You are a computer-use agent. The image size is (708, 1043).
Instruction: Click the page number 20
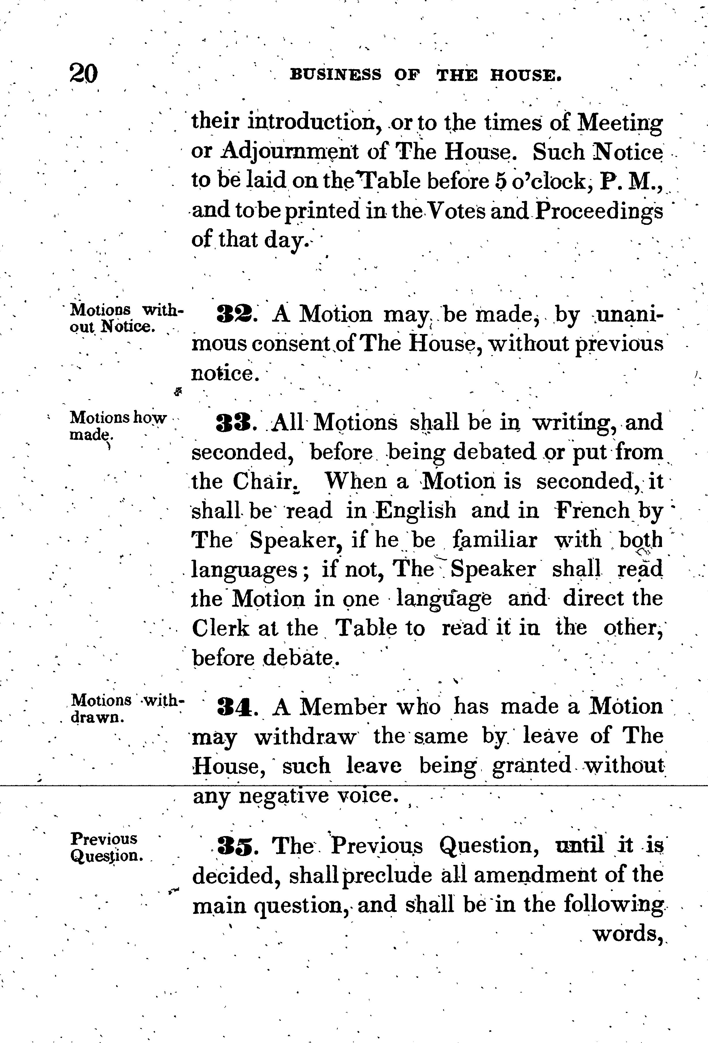[x=84, y=73]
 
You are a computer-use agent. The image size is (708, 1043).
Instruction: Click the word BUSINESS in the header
[x=336, y=74]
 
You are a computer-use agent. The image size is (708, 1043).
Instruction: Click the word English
[x=416, y=511]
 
